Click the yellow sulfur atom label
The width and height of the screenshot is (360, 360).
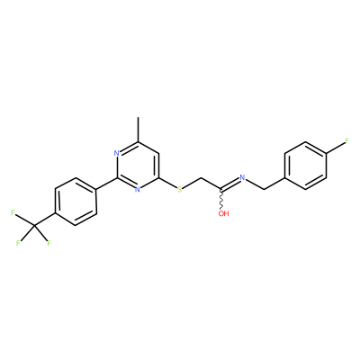coord(179,189)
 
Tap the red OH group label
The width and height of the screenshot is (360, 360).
coord(223,213)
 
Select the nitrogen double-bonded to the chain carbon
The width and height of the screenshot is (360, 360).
coord(242,177)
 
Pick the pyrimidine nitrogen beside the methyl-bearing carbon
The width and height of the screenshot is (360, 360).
coord(117,153)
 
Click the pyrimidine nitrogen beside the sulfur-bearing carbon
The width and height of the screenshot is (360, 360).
coord(138,189)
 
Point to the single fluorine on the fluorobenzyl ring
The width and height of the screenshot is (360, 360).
coord(347,141)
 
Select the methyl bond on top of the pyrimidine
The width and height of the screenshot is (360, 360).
coord(138,130)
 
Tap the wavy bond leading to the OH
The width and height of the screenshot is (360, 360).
coord(222,200)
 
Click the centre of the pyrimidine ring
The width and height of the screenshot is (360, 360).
coord(138,166)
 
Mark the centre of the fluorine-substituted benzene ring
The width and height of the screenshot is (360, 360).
coord(305,166)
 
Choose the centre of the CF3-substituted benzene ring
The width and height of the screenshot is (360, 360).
coord(76,202)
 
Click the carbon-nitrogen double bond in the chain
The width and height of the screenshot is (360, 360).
coord(230,184)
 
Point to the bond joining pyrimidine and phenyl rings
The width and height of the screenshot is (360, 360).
coord(107,184)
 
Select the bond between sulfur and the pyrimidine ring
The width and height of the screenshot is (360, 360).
coord(167,184)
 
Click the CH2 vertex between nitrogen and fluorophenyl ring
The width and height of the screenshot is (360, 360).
coord(264,189)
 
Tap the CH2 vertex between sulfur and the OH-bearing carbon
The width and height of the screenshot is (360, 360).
coord(201,177)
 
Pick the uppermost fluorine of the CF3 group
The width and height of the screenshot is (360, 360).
coord(13,213)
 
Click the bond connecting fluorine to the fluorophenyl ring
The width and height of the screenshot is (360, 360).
coord(335,148)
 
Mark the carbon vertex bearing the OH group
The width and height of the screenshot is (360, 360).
coord(221,190)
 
